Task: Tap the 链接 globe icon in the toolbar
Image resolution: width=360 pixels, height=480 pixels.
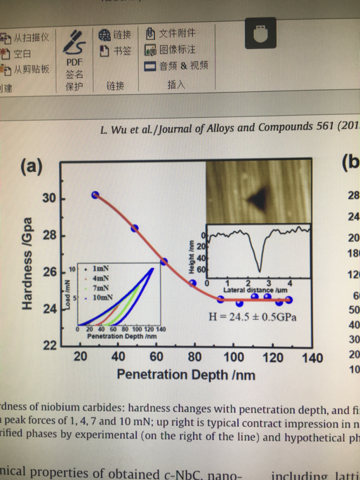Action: pos(105,35)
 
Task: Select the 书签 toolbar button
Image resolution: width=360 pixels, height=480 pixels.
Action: pos(115,51)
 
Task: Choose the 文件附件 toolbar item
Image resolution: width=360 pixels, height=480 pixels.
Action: pos(170,34)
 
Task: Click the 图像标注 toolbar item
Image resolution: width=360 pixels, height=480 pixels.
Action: pos(170,50)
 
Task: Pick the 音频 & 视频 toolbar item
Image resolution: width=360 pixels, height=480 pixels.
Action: pos(176,66)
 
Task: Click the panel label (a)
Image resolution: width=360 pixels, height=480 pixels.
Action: pos(31,167)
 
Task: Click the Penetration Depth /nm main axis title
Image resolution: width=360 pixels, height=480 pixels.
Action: pos(186,374)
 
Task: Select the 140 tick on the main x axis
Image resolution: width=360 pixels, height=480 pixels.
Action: pos(312,357)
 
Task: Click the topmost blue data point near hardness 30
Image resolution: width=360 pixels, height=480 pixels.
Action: pos(95,195)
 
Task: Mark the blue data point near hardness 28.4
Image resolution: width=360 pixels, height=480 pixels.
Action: pos(134,228)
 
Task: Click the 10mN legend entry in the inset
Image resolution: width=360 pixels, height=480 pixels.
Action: pos(101,298)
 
